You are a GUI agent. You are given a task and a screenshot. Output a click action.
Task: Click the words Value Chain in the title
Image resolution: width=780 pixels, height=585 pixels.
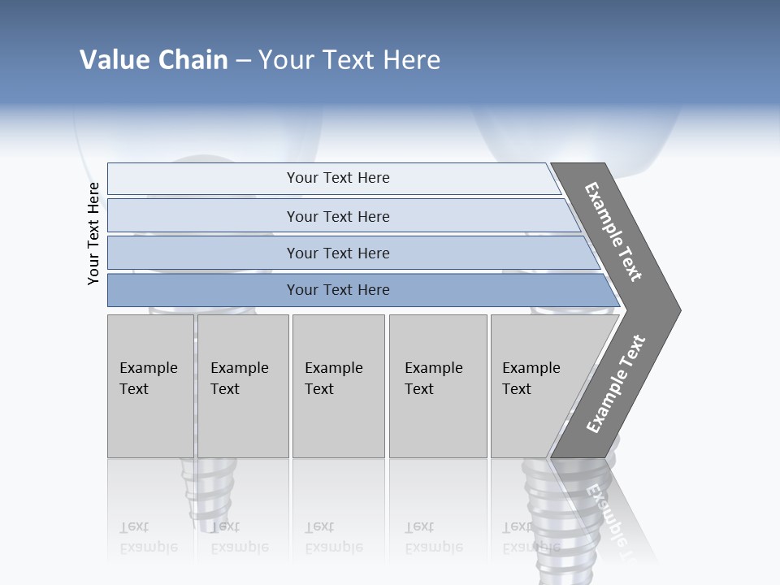pyautogui.click(x=154, y=60)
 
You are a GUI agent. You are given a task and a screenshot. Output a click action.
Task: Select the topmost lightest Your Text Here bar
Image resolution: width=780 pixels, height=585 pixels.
pyautogui.click(x=337, y=178)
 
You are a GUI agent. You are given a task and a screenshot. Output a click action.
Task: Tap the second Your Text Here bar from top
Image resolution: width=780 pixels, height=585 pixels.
pyautogui.click(x=337, y=216)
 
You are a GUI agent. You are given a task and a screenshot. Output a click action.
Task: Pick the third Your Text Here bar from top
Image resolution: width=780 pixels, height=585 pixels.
pyautogui.click(x=337, y=253)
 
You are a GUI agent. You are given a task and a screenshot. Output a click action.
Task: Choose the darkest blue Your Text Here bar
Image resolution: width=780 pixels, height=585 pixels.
pyautogui.click(x=337, y=290)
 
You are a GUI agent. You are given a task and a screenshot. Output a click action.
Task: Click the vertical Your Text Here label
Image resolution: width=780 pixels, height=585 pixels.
pyautogui.click(x=93, y=233)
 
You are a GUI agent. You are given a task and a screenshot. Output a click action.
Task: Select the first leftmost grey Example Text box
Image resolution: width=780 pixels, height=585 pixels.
pyautogui.click(x=150, y=386)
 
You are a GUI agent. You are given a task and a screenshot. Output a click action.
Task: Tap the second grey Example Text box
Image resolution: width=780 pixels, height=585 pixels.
pyautogui.click(x=242, y=386)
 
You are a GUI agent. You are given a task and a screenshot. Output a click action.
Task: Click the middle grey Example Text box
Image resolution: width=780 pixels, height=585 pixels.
pyautogui.click(x=338, y=386)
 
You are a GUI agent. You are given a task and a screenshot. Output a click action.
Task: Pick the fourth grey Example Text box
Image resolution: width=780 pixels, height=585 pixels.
pyautogui.click(x=437, y=386)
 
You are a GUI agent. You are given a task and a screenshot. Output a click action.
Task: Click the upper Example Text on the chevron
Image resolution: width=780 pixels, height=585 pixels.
pyautogui.click(x=613, y=232)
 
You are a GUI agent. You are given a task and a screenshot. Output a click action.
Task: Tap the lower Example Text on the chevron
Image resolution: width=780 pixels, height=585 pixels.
pyautogui.click(x=616, y=384)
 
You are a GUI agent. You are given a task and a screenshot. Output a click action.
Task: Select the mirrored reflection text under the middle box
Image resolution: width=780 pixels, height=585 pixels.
pyautogui.click(x=333, y=537)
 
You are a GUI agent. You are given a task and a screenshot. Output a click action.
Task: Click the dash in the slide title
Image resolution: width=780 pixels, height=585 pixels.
pyautogui.click(x=243, y=61)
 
